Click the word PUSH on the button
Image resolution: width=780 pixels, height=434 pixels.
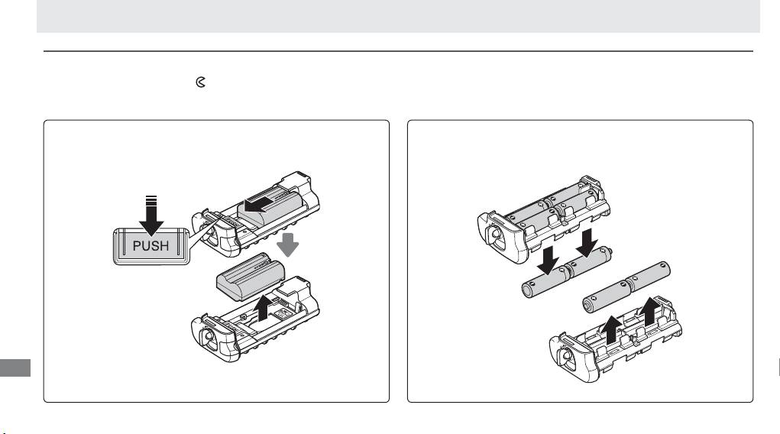150,246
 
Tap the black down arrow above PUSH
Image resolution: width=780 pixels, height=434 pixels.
151,215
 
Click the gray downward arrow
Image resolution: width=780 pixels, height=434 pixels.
287,245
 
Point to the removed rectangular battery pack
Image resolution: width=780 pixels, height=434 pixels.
251,277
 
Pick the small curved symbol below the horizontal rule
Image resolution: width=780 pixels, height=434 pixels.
200,82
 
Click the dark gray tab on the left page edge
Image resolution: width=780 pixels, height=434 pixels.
15,368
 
